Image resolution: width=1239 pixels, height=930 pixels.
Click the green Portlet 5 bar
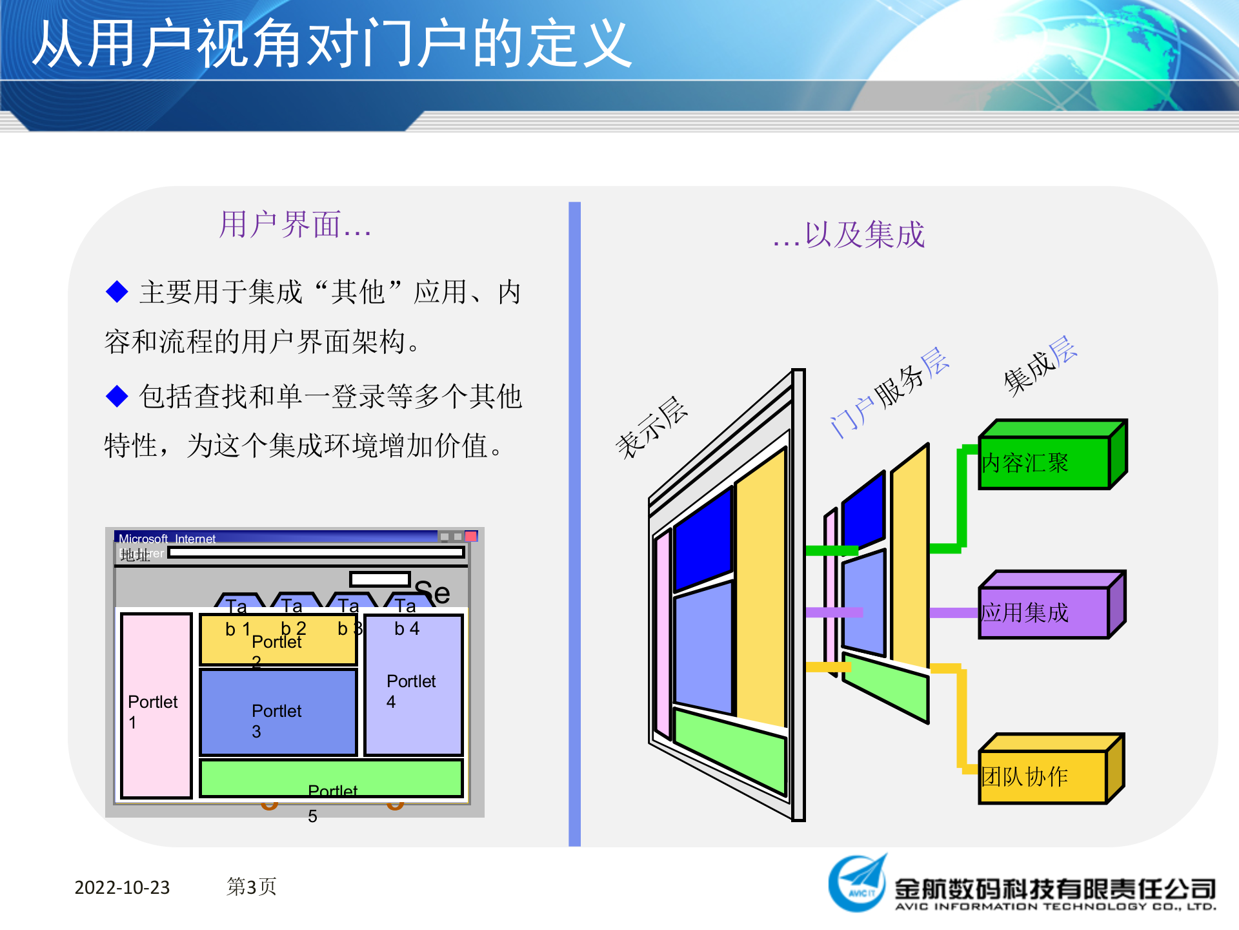click(x=332, y=778)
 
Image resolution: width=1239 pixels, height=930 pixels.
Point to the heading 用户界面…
click(x=295, y=225)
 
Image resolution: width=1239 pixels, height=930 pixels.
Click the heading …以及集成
click(x=849, y=234)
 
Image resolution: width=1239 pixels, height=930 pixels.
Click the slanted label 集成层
click(x=1040, y=365)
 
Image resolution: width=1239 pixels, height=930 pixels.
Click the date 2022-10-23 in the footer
click(x=122, y=887)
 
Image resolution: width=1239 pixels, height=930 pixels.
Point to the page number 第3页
click(x=252, y=887)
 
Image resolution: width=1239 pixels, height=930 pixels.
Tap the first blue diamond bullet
click(x=117, y=291)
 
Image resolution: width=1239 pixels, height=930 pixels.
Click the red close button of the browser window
click(x=471, y=536)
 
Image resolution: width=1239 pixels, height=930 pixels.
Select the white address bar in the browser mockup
click(x=316, y=553)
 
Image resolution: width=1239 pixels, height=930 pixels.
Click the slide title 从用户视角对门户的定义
click(x=332, y=44)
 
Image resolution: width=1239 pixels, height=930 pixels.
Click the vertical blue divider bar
click(x=574, y=523)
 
